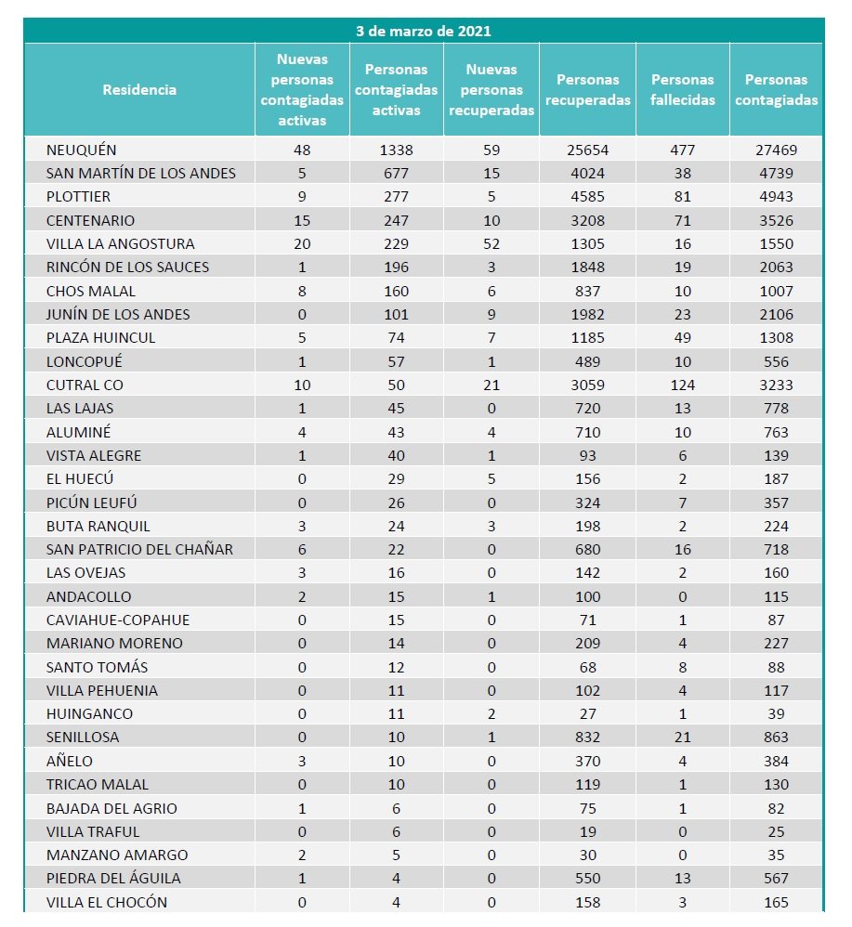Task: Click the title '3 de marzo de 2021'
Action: tap(423, 31)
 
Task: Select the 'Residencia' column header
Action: tap(139, 90)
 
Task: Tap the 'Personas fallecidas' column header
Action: tap(683, 90)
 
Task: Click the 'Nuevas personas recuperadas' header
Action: tap(492, 90)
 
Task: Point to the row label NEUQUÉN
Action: tap(82, 150)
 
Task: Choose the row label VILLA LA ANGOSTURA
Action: tap(121, 243)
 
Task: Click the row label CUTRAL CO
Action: tap(85, 385)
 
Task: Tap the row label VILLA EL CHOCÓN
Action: tap(107, 902)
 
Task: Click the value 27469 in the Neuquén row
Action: tap(776, 150)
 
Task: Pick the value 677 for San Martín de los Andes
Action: tap(396, 173)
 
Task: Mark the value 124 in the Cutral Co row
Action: tap(683, 385)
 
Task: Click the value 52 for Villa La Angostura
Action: tap(492, 243)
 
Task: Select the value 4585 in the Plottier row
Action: tap(587, 197)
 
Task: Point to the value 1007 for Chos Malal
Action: tap(776, 291)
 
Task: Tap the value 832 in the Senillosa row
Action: tap(587, 737)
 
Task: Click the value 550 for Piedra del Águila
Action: tap(587, 878)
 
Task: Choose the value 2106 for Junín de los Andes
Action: tap(776, 314)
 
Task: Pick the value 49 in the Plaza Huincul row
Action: tap(683, 337)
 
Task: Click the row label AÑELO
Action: tap(71, 761)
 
